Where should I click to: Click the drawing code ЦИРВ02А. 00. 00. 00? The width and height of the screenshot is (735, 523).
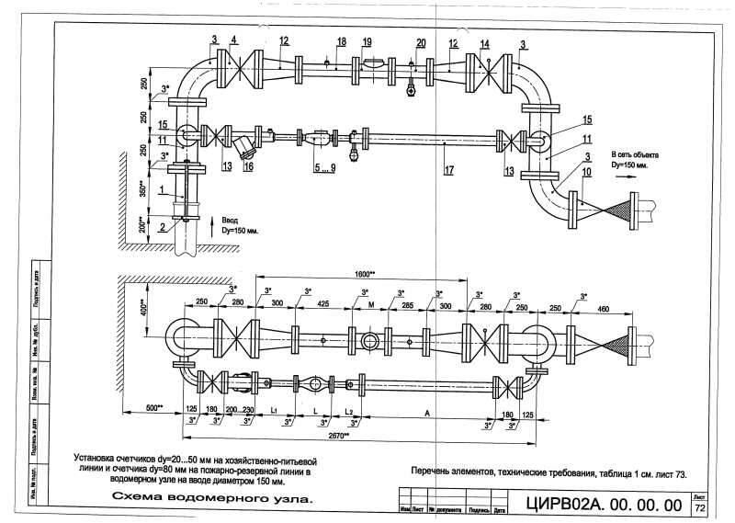604,505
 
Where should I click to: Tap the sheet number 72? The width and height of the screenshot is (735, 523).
700,507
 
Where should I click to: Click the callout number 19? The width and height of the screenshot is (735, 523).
367,42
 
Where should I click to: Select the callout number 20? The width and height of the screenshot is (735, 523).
421,43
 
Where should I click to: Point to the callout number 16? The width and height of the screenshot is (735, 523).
247,167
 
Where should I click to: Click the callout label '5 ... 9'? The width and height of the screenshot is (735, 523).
324,168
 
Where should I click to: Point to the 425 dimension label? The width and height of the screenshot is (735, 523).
323,301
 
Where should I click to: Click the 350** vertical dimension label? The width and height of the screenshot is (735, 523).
142,190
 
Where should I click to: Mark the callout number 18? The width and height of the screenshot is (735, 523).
341,42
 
